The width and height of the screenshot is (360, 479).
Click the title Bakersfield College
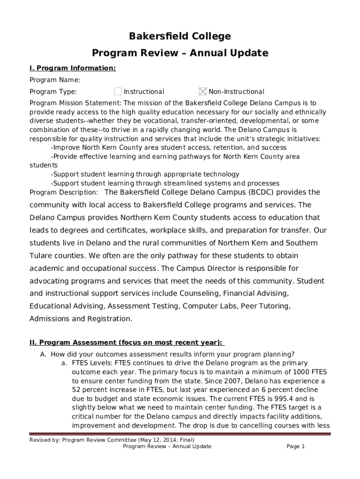pyautogui.click(x=180, y=36)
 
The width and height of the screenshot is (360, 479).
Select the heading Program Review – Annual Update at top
pyautogui.click(x=180, y=53)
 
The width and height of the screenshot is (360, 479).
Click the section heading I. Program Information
pyautogui.click(x=72, y=68)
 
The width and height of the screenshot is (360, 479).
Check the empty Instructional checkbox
pyautogui.click(x=118, y=91)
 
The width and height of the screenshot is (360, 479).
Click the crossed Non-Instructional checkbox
pyautogui.click(x=202, y=91)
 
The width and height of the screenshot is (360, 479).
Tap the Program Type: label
pyautogui.click(x=53, y=92)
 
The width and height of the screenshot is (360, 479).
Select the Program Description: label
pyautogui.click(x=64, y=192)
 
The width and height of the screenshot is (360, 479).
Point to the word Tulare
pyautogui.click(x=42, y=256)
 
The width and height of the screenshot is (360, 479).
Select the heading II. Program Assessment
pyautogui.click(x=126, y=342)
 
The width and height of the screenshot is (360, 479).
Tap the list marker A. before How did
pyautogui.click(x=43, y=354)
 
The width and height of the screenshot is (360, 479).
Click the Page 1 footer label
pyautogui.click(x=295, y=447)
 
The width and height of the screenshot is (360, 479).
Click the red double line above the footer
pyautogui.click(x=180, y=434)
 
